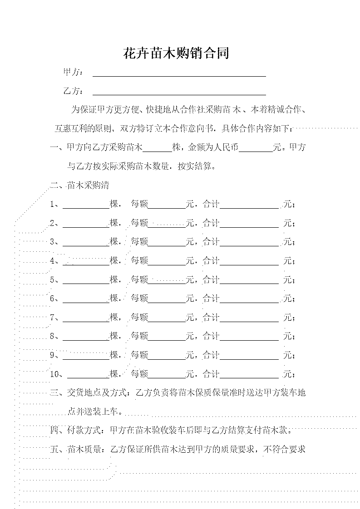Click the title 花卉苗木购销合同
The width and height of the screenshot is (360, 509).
click(176, 53)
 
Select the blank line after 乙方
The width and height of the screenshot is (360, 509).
click(179, 95)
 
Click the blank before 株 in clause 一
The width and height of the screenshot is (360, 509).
click(158, 152)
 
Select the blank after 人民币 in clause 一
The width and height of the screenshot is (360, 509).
click(256, 152)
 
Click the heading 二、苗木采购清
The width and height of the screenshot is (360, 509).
click(79, 186)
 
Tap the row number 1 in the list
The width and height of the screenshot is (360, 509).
click(52, 204)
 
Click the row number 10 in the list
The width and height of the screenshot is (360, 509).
click(54, 374)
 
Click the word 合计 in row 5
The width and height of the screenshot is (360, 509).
click(211, 279)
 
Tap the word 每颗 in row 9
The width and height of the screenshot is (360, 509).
click(139, 355)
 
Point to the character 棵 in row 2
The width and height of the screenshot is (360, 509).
click(113, 223)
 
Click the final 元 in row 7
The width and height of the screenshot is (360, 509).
click(288, 317)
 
